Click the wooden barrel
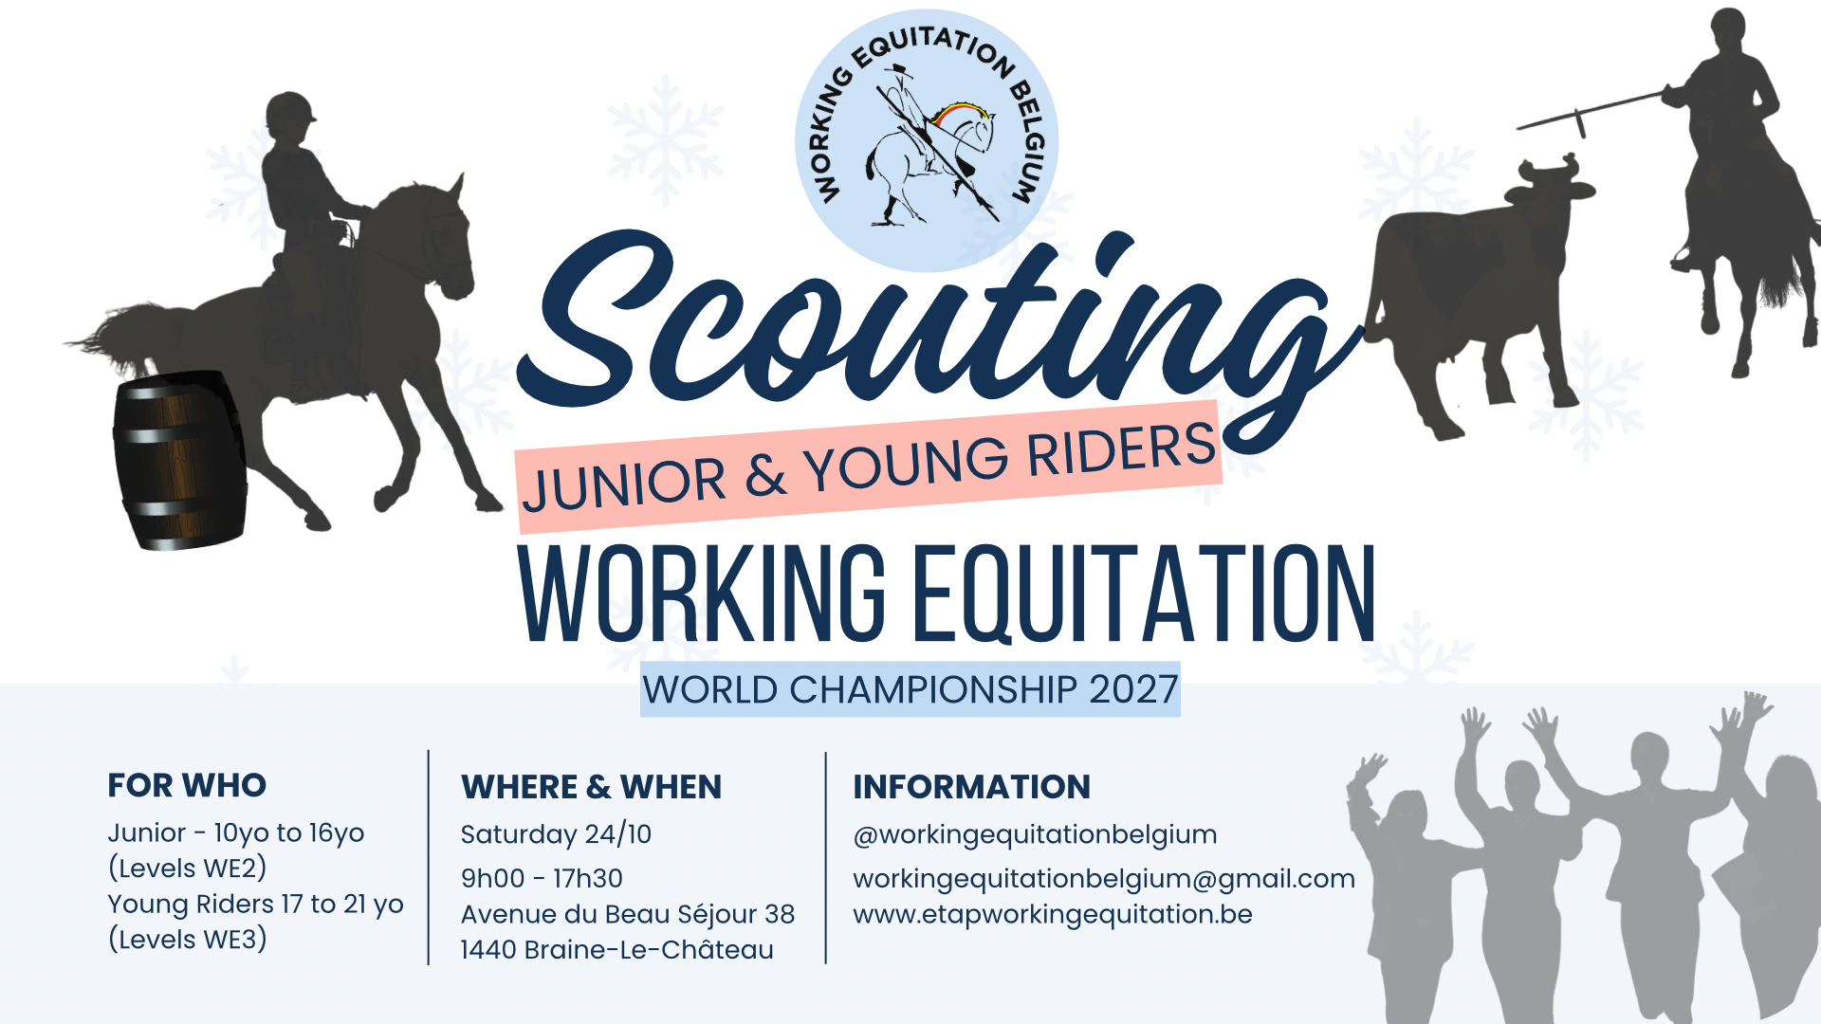tap(180, 461)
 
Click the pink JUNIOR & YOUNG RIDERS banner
tap(868, 465)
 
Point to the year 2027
tap(1133, 689)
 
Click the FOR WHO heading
tap(187, 785)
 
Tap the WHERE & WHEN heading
tap(591, 787)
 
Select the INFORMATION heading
tap(971, 787)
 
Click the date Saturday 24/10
tap(556, 834)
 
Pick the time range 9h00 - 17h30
tap(542, 878)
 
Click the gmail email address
tap(1104, 879)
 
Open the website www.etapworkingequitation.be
tap(1053, 914)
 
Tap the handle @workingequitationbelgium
tap(1035, 834)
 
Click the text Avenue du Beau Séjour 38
tap(628, 914)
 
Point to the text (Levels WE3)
tap(188, 940)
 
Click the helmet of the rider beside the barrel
tap(290, 111)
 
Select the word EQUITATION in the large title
tap(1144, 595)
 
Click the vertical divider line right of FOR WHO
tap(429, 857)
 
